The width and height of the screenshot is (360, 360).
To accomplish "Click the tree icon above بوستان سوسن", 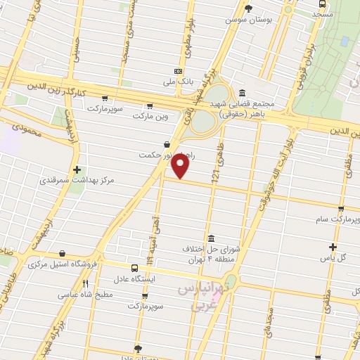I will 247,8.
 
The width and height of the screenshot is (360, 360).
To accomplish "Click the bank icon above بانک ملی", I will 179,71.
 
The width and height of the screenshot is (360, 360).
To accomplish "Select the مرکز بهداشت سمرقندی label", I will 78,181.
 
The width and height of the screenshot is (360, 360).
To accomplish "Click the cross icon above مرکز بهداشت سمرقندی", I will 77,169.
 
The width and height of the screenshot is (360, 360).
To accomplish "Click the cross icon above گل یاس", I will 333,246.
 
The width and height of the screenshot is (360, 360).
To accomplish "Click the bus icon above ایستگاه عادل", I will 134,268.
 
